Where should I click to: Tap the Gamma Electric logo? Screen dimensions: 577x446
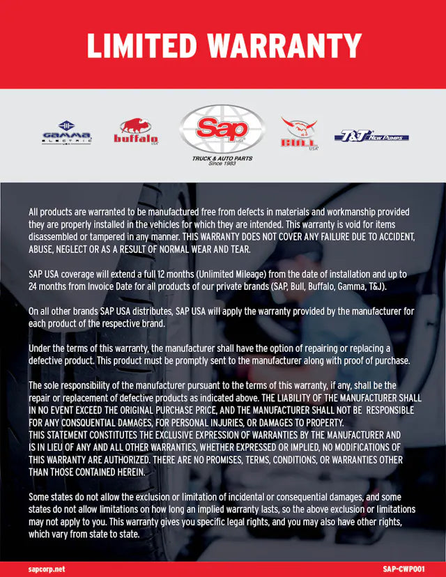click(x=66, y=133)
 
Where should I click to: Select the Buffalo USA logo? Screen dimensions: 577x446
click(x=136, y=131)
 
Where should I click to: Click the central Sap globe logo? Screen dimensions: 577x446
click(x=222, y=130)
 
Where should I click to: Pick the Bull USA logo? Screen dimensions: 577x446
click(x=299, y=133)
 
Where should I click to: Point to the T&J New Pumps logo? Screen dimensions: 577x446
click(x=371, y=136)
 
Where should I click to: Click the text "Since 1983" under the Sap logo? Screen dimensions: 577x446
click(x=222, y=164)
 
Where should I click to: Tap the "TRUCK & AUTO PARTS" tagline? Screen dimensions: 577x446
click(x=222, y=158)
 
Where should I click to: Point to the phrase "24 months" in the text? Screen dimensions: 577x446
click(x=47, y=286)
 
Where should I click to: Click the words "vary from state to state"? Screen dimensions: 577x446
click(x=99, y=534)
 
